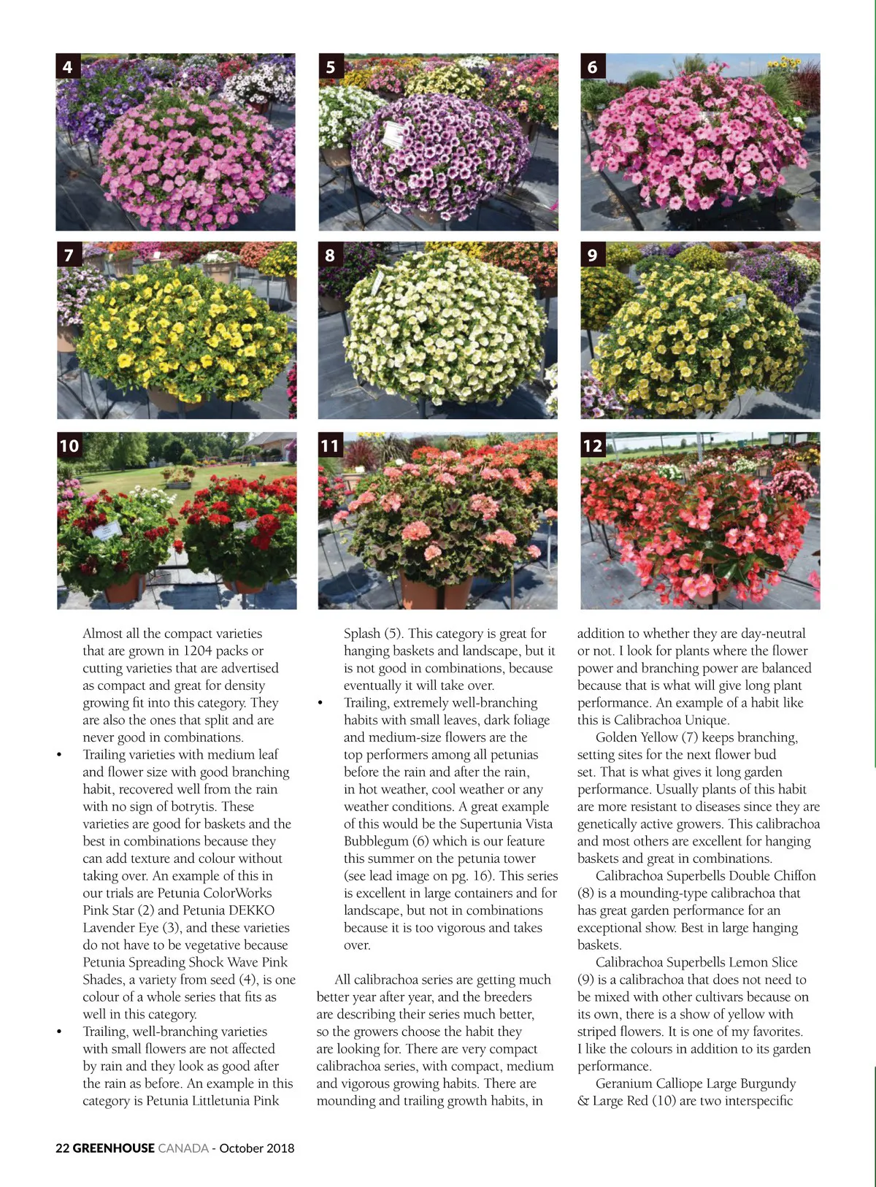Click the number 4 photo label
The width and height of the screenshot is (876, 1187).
[67, 66]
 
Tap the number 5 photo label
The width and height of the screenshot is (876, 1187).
[330, 66]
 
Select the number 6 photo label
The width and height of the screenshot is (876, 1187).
[592, 66]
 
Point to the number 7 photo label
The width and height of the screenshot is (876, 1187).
[68, 255]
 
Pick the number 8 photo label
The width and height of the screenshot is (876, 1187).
[330, 255]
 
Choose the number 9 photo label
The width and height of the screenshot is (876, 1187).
[592, 255]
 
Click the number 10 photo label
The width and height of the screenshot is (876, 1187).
[69, 445]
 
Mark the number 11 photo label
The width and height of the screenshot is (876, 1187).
[330, 445]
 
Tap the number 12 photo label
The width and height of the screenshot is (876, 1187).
[593, 445]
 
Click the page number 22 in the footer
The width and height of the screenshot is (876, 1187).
[63, 1148]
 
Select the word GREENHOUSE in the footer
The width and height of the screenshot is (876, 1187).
[114, 1148]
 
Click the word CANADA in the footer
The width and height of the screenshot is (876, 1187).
[183, 1148]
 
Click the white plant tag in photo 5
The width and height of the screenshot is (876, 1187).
[394, 134]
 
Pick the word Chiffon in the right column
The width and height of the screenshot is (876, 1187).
[791, 875]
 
